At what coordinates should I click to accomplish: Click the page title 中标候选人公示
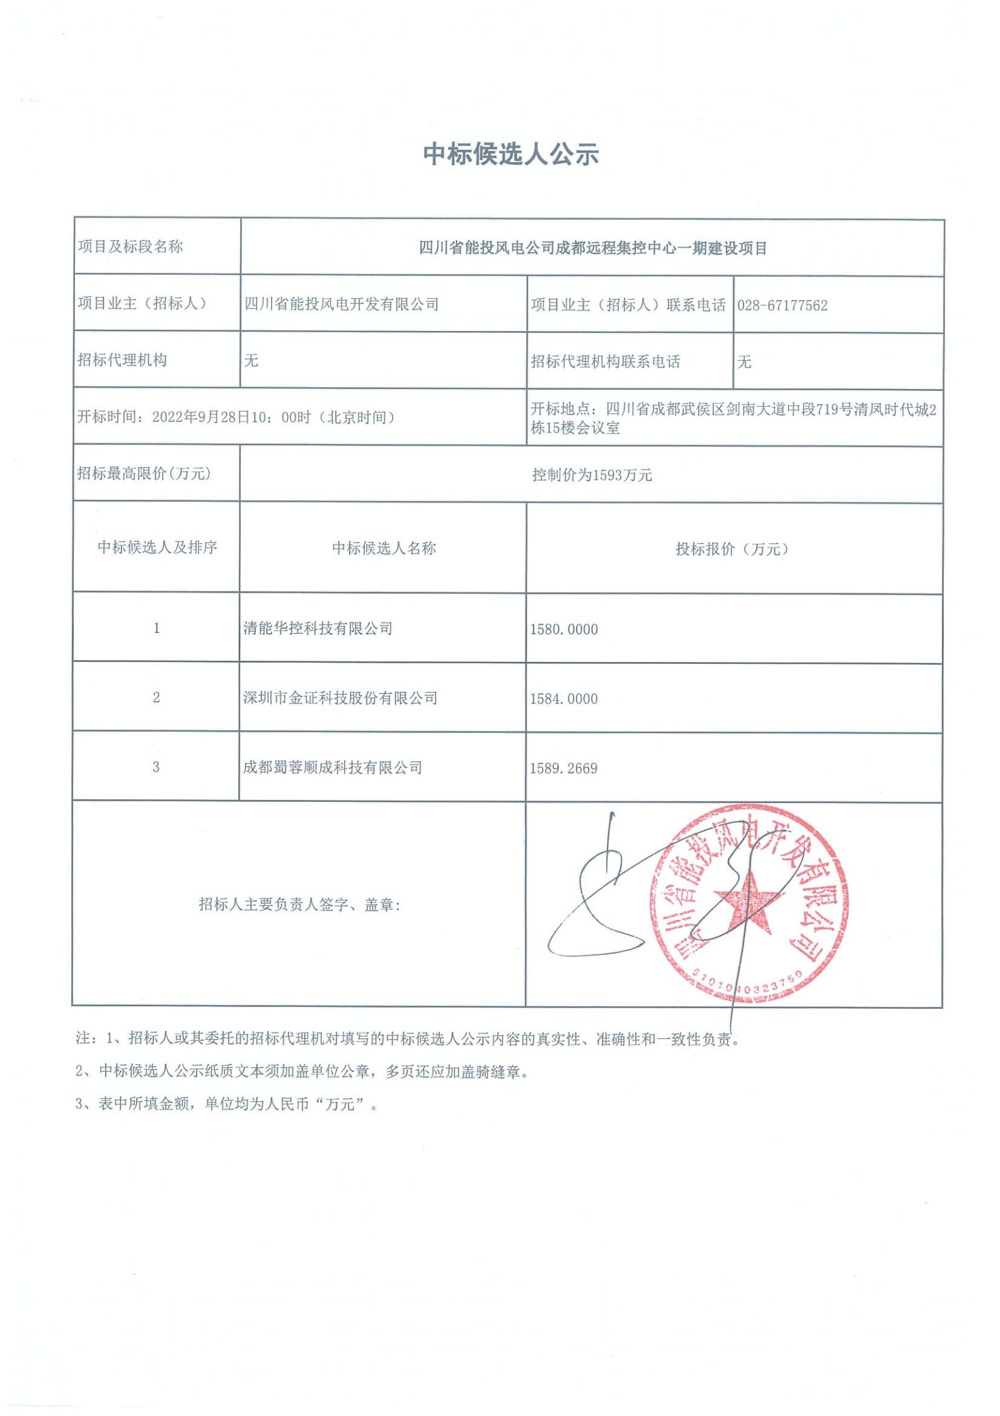510,154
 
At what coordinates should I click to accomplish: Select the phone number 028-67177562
782,306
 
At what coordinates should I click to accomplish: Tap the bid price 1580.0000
563,629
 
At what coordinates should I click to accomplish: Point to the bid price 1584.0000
563,699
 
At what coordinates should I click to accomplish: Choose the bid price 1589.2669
563,768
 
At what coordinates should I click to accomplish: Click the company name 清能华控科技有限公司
318,629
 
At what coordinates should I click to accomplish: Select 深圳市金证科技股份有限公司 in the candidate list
340,698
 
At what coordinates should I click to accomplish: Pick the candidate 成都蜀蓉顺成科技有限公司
333,767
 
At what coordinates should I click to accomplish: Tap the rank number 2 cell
156,697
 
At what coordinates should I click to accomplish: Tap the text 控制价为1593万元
592,475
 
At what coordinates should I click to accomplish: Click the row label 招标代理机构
122,360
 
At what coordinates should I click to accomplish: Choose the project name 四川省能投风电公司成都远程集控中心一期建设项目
592,248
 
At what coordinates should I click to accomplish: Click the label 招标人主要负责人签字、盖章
300,905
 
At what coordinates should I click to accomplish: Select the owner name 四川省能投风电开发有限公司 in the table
342,305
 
